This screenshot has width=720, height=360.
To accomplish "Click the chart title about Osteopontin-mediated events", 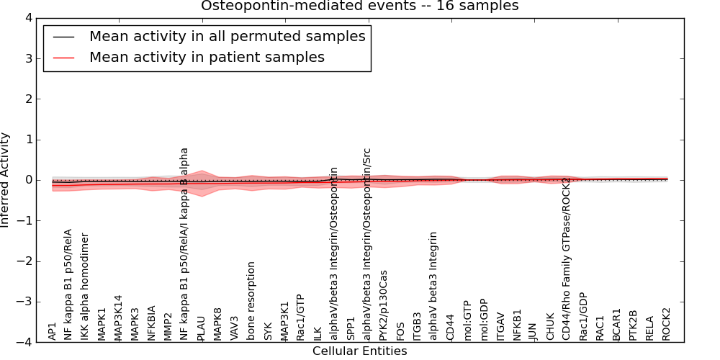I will [x=359, y=6].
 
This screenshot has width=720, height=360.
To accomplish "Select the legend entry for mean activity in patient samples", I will [x=207, y=57].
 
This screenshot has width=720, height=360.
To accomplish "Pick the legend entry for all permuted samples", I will [x=227, y=36].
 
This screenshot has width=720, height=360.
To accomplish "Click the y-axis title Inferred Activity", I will [x=6, y=180].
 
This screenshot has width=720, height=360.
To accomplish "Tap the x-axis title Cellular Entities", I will [x=359, y=351].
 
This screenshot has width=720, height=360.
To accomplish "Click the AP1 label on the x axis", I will [x=52, y=331].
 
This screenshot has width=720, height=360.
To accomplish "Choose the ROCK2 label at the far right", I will [x=667, y=324].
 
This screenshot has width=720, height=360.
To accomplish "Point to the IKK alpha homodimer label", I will [x=85, y=287].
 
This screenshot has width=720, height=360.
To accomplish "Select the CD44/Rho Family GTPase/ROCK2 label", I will [x=566, y=258].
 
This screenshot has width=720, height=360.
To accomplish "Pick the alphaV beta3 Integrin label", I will [x=433, y=286].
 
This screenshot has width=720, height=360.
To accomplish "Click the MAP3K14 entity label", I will [x=118, y=317].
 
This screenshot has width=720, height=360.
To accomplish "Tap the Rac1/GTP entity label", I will [x=301, y=317].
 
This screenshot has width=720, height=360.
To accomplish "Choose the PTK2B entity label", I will [x=634, y=325].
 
